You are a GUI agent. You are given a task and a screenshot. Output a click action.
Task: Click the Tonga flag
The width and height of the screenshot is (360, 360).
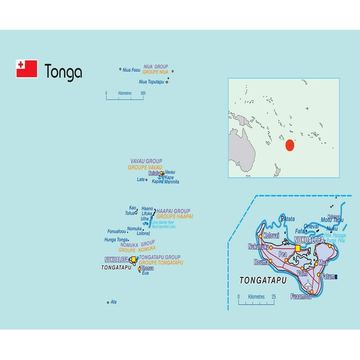coord(26,69)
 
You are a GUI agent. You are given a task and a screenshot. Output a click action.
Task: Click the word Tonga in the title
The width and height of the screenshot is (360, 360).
coord(63,73)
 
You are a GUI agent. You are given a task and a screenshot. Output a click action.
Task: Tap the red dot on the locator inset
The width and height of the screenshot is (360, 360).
coord(290,145)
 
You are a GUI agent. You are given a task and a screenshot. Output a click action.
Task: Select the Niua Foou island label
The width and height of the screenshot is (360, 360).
coord(132,70)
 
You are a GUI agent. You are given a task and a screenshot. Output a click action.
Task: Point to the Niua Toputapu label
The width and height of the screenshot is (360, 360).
coord(151,82)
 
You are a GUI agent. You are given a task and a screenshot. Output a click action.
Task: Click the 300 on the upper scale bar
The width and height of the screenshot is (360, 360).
coord(143,93)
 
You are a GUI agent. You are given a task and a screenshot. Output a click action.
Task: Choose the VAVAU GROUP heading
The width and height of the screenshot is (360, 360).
coord(146,161)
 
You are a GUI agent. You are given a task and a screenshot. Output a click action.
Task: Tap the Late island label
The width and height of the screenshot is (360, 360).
coord(141,180)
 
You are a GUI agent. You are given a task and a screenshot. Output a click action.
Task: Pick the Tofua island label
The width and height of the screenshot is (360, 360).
coord(130,213)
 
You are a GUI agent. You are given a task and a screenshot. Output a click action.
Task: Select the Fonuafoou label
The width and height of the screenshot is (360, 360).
coord(117,231)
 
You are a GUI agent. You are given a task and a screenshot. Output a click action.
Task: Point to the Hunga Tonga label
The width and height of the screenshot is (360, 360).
coord(117,240)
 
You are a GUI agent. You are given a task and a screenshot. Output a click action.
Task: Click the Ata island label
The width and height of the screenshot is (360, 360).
coord(114,302)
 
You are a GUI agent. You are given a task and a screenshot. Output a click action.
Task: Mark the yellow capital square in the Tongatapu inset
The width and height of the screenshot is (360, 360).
coord(298,247)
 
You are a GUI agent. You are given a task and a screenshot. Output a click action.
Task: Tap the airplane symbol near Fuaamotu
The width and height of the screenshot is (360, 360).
coord(308,285)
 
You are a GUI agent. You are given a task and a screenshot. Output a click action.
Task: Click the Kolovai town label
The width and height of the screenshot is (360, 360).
coord(271,236)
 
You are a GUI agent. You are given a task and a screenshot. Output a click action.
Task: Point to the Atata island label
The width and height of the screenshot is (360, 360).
coord(287,218)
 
